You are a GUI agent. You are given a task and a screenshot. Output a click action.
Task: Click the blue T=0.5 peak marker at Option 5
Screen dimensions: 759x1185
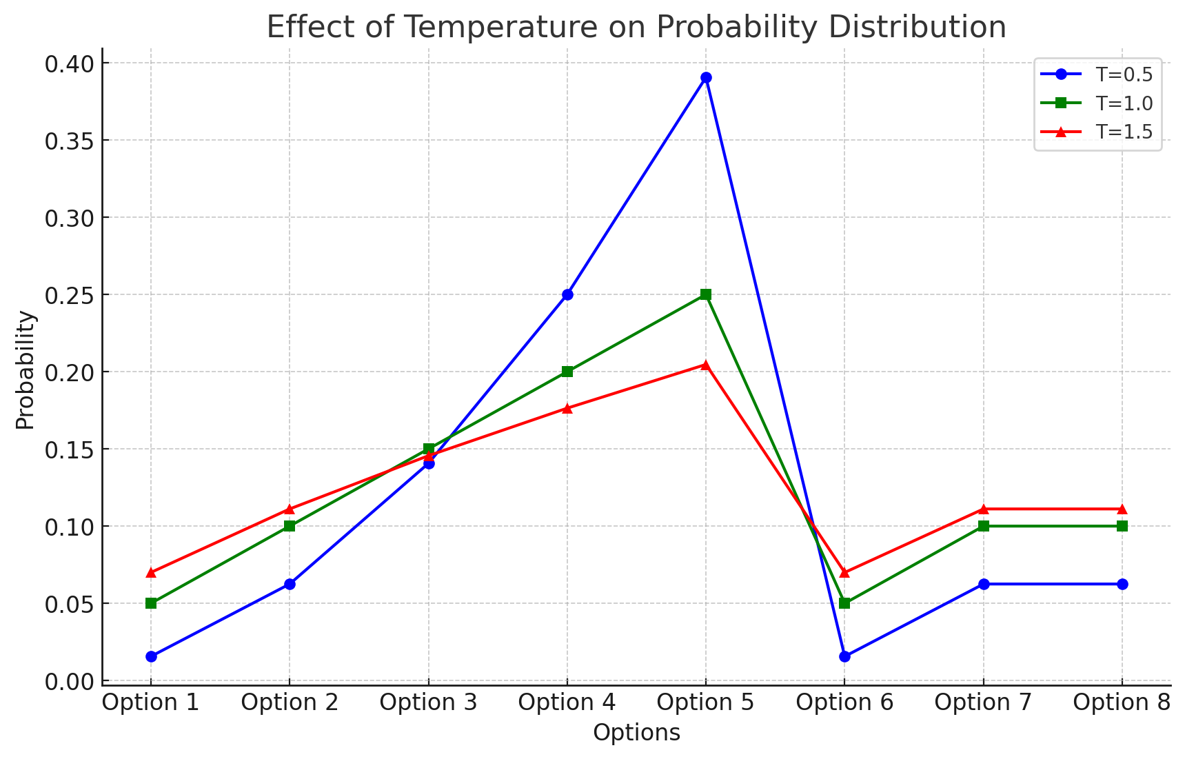(x=706, y=78)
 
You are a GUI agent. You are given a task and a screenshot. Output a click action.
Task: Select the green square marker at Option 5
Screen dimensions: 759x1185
(x=706, y=294)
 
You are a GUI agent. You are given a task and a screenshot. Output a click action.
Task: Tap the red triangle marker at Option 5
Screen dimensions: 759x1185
(x=706, y=365)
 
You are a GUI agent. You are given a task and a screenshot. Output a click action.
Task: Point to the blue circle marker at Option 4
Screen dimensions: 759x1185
(x=567, y=294)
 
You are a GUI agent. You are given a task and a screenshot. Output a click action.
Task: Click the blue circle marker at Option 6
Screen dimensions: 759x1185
(x=844, y=656)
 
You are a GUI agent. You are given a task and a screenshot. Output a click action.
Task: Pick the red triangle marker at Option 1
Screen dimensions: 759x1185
(x=151, y=573)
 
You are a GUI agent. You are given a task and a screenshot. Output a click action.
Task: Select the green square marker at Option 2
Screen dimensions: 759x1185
(x=290, y=526)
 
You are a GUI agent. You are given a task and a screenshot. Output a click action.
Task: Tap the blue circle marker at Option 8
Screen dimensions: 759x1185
(x=1122, y=584)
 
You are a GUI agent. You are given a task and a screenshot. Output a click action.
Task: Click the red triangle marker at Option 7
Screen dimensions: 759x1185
(x=984, y=509)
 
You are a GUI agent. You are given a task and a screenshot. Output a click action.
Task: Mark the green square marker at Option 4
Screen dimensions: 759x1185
(x=567, y=372)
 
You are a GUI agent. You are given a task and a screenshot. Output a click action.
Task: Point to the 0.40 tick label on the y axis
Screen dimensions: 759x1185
(x=68, y=64)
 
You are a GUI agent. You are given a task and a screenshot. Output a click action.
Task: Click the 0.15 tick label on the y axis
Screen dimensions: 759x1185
(x=68, y=449)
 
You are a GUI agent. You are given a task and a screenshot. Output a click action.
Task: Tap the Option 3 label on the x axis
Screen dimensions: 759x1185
(x=428, y=702)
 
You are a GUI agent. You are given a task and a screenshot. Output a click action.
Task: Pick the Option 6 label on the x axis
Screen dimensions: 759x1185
(x=844, y=702)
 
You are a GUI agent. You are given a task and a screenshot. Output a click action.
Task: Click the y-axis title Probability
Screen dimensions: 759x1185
(x=26, y=370)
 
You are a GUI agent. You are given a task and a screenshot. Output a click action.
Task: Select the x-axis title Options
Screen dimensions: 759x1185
(x=636, y=733)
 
